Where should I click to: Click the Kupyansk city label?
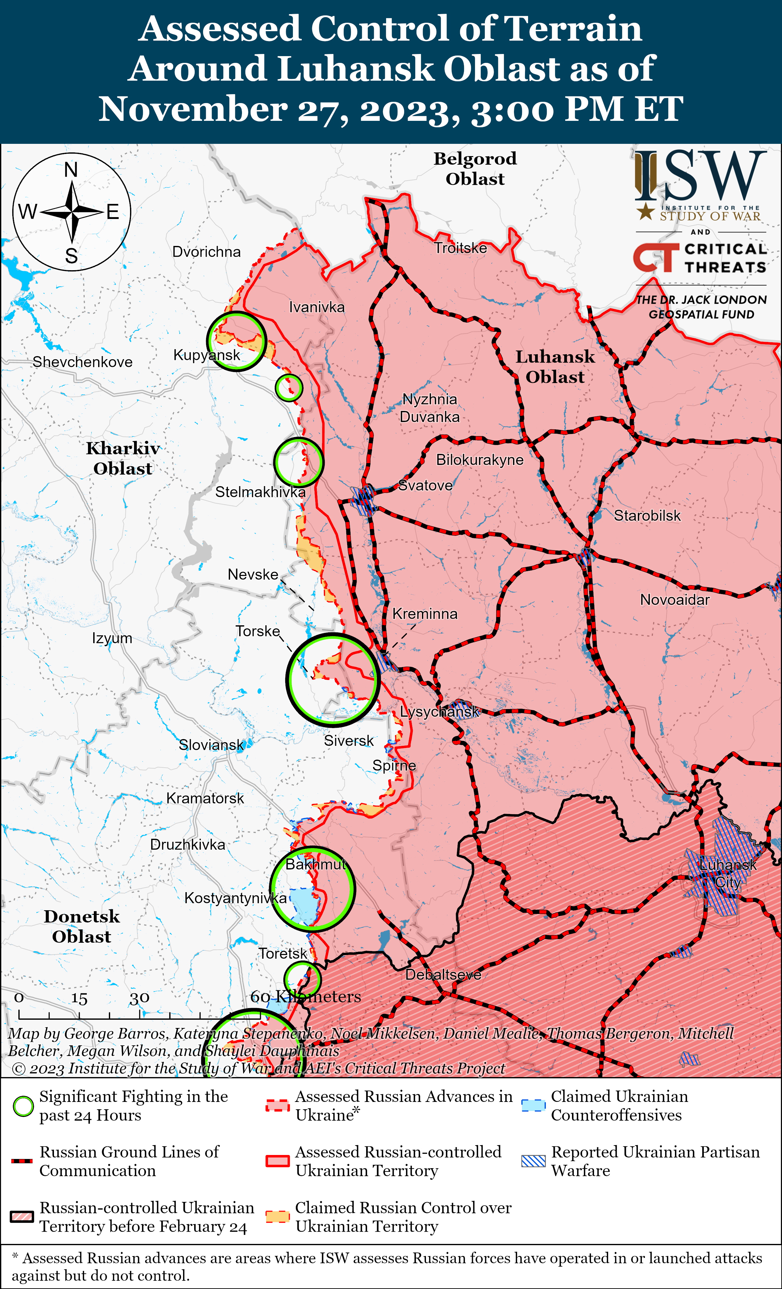[207, 355]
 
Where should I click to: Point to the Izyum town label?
[112, 638]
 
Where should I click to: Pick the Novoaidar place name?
[675, 600]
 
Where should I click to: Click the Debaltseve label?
[443, 975]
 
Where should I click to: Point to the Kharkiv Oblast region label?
[123, 458]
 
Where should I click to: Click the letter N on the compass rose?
[71, 170]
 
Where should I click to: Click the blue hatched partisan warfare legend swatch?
[534, 1161]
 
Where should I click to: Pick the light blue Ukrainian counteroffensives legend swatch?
[534, 1105]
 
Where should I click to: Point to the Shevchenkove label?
[82, 362]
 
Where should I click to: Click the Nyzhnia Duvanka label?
[429, 408]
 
